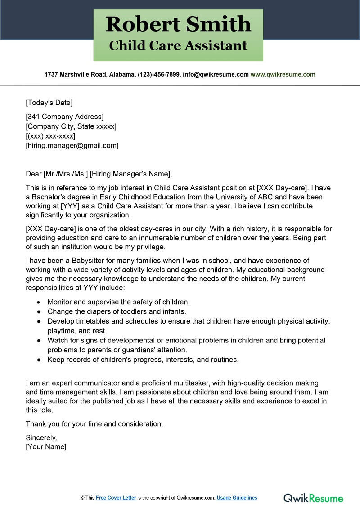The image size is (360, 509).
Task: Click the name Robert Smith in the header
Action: (x=178, y=24)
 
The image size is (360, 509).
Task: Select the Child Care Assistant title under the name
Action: (x=178, y=45)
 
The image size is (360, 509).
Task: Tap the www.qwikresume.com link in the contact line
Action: (x=283, y=74)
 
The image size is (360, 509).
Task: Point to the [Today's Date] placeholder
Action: (x=49, y=103)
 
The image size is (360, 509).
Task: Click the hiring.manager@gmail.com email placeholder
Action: (x=72, y=145)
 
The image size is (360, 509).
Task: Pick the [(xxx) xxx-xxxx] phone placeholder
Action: (x=50, y=136)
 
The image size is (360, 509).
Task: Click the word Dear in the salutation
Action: (x=34, y=174)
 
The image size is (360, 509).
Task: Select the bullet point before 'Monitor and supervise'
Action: (x=38, y=302)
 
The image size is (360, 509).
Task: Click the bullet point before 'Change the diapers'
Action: (x=38, y=312)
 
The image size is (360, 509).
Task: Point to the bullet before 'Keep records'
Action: (x=38, y=360)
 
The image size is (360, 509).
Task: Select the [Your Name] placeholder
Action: (x=46, y=447)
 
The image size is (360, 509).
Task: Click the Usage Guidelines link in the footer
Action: (x=237, y=498)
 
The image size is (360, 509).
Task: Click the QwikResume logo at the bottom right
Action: (x=313, y=498)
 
